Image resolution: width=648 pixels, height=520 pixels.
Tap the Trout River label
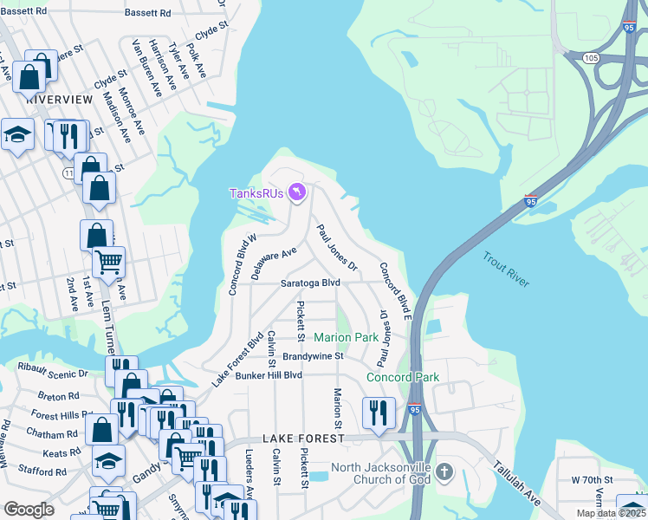[505, 269]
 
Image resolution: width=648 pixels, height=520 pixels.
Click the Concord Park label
[403, 377]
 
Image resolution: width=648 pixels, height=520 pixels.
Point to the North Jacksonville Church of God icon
[444, 473]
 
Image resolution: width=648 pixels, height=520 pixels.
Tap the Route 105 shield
[591, 58]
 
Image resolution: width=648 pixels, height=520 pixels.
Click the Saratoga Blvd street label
[309, 283]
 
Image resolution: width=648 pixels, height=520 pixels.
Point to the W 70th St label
[592, 479]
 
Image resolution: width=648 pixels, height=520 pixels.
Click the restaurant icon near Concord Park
[379, 413]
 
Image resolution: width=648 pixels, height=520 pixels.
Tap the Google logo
[29, 510]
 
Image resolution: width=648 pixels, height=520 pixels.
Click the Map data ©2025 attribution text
[611, 513]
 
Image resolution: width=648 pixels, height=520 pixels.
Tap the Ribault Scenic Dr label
[54, 373]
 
